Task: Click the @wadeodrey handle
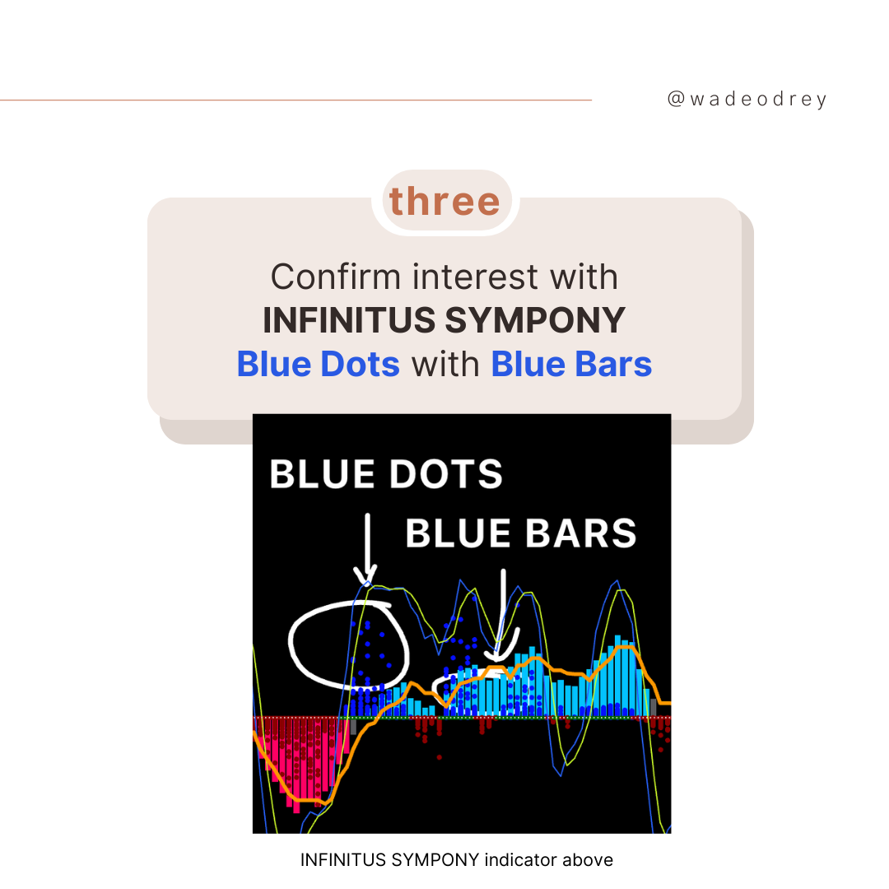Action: pos(747,100)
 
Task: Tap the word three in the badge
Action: pos(445,202)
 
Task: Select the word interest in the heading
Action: pos(475,277)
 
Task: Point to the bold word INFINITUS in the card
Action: pos(349,320)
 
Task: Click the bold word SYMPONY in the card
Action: pos(535,320)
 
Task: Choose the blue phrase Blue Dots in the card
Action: pos(318,364)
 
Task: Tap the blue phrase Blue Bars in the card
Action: pos(571,364)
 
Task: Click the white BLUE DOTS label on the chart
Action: pos(386,474)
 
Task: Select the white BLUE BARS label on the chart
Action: pos(521,533)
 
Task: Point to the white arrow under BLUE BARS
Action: pos(503,617)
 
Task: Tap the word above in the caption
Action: pos(588,860)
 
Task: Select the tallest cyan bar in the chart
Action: pos(617,676)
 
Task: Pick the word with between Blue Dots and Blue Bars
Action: pos(445,364)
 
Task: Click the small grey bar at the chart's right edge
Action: pos(653,708)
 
